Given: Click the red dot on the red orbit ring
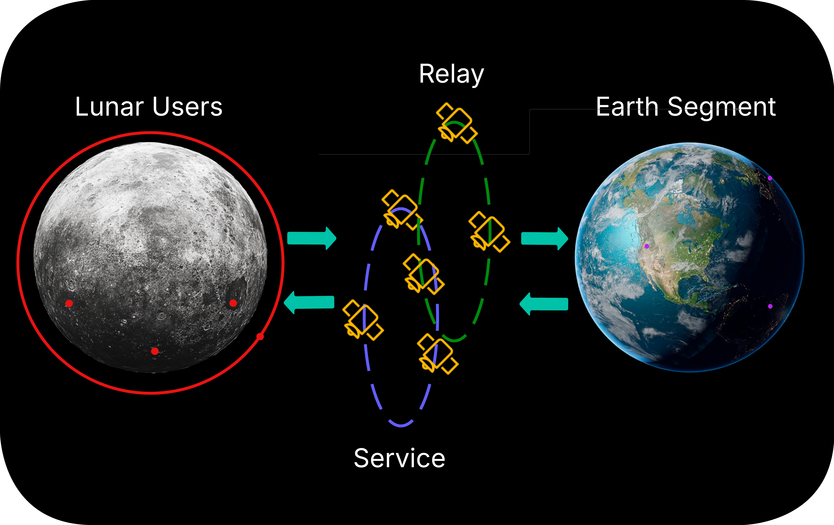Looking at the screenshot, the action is [x=260, y=337].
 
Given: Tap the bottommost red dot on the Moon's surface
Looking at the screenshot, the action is [x=155, y=351].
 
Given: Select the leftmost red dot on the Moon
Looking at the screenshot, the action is [x=69, y=304].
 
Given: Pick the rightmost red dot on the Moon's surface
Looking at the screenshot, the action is [x=233, y=303].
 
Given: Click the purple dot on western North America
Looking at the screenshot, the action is [x=647, y=246].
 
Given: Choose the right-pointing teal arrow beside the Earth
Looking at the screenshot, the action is [x=544, y=238].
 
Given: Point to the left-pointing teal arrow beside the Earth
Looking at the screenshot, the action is [x=544, y=304].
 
